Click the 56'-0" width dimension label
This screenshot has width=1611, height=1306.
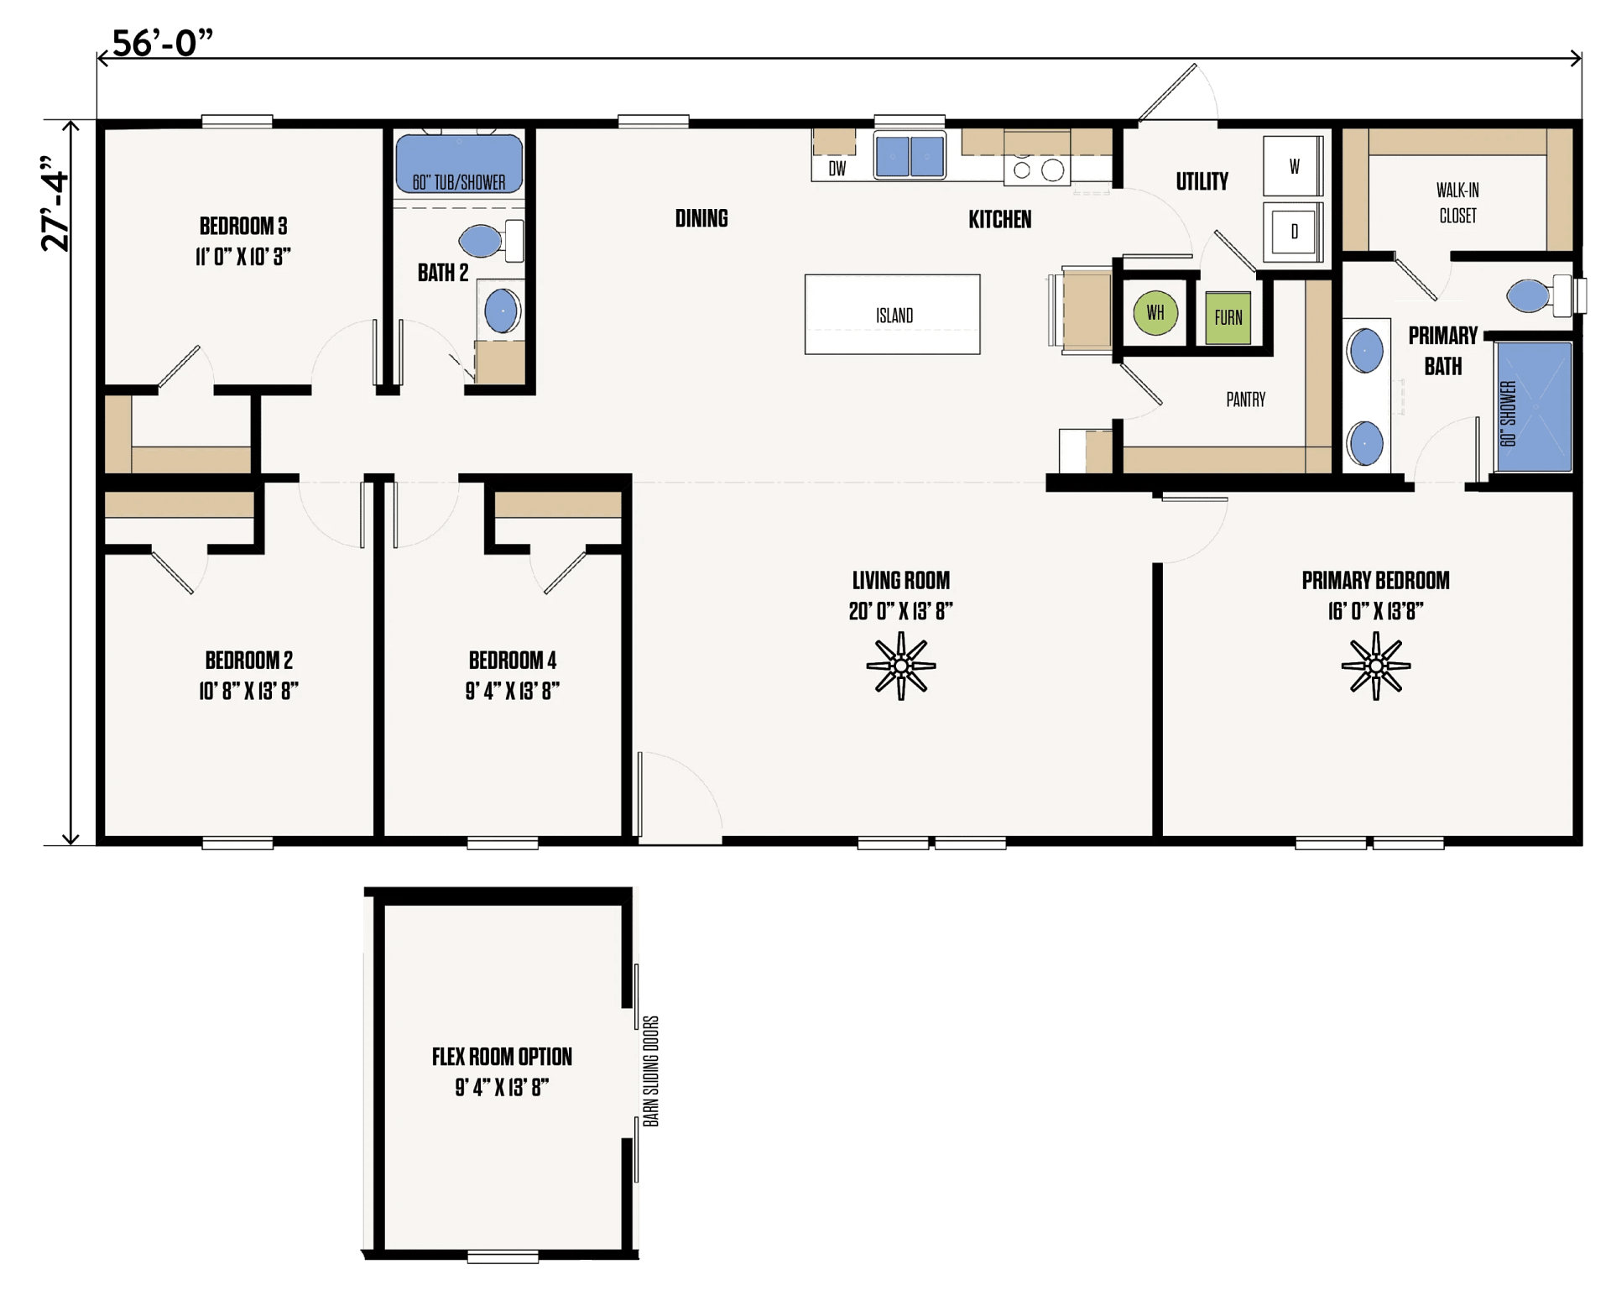tap(162, 42)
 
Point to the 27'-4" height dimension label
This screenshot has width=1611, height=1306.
tap(55, 203)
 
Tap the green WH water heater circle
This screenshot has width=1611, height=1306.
tap(1155, 313)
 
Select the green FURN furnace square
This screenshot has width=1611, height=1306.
tap(1228, 317)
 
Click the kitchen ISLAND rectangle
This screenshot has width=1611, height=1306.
tap(892, 315)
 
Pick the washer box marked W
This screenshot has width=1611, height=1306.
tap(1293, 166)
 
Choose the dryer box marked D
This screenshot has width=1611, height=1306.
tap(1293, 232)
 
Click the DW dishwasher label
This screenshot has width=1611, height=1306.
tap(837, 169)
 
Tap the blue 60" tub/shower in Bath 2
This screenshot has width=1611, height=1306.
tap(459, 164)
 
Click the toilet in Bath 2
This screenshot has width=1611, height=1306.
tap(492, 241)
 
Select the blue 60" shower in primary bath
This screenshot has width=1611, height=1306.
tap(1534, 406)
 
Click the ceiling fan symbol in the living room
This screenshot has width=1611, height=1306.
tap(901, 666)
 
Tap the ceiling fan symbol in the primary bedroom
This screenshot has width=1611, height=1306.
tap(1375, 666)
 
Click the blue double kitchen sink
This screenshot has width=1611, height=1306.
tap(910, 156)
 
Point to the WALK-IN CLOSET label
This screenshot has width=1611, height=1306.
tap(1457, 203)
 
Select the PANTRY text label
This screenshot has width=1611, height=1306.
tap(1245, 400)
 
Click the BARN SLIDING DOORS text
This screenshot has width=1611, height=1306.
tap(651, 1071)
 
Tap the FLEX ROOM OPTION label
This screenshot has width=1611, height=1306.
tap(502, 1057)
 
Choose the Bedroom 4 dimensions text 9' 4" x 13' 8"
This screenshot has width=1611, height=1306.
tap(512, 691)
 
